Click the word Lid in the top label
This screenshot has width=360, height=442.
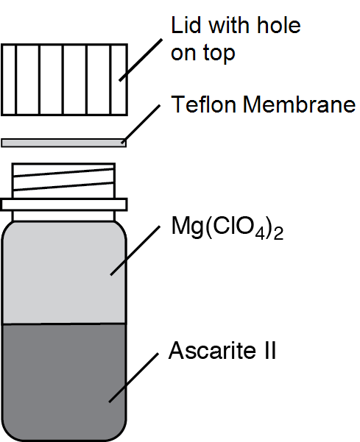(x=186, y=25)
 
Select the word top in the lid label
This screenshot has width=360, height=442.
(x=219, y=54)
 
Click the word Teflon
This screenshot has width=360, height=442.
(x=203, y=104)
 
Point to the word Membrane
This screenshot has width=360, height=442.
(x=299, y=104)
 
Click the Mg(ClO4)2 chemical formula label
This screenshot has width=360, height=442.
(x=227, y=228)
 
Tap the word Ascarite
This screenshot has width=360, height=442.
(x=212, y=350)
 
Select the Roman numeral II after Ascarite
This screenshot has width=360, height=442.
(x=270, y=350)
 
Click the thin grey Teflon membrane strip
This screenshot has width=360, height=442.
(x=64, y=143)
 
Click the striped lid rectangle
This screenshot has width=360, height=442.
(x=64, y=79)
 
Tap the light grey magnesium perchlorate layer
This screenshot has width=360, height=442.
(x=64, y=273)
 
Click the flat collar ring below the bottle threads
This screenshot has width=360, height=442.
(x=64, y=204)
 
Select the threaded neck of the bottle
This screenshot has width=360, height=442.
(x=64, y=181)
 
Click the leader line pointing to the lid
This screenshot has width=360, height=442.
(x=141, y=60)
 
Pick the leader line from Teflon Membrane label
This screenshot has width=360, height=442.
(x=141, y=124)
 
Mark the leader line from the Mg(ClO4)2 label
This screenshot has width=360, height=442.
(x=135, y=250)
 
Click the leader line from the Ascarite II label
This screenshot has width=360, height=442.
(x=134, y=377)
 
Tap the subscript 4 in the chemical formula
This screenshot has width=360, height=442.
(x=260, y=235)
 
